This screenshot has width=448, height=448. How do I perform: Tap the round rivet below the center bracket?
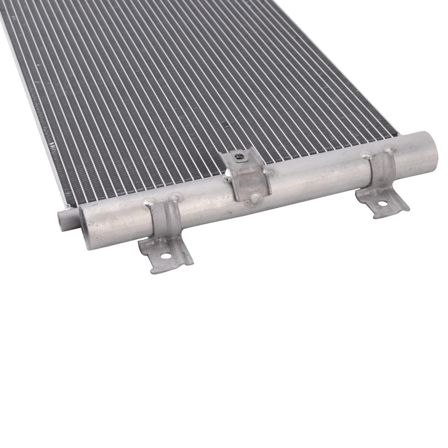[x=254, y=198]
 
